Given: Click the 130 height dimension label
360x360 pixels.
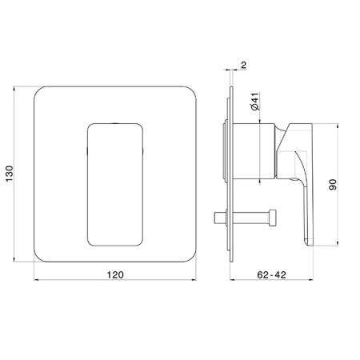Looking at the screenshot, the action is [10, 174].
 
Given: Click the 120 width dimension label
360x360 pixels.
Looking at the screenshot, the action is [115, 274].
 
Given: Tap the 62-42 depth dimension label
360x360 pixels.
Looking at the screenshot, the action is [271, 274].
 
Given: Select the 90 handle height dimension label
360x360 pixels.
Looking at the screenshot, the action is [333, 185].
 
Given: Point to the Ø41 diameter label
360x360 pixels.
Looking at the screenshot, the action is [255, 102].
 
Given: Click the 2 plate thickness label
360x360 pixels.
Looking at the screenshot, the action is [244, 65].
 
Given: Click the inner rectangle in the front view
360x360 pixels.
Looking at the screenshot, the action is [115, 185].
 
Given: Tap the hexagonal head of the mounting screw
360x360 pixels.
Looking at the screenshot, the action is [272, 218].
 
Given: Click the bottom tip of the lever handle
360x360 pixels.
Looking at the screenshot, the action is [310, 244].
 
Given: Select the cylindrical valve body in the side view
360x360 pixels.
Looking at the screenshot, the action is [254, 151].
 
